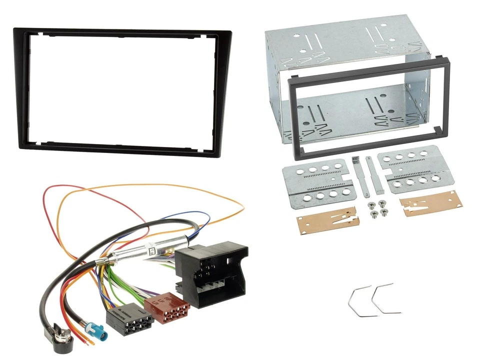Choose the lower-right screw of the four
point(384,213)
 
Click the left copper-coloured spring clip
point(327,220)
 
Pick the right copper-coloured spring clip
point(430,202)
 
